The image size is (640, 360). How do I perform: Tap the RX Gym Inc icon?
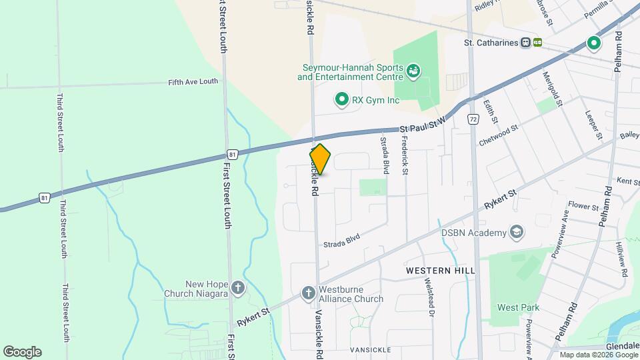click(341, 100)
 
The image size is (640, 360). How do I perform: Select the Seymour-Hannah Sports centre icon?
click(413, 69)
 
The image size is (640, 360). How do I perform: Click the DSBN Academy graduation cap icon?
click(515, 232)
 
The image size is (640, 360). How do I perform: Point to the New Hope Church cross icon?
click(238, 289)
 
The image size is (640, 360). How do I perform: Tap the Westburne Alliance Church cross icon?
click(308, 293)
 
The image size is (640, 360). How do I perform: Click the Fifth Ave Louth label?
click(193, 81)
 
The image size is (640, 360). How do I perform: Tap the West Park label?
click(518, 307)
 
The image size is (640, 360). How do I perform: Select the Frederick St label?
click(404, 156)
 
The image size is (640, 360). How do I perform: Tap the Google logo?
click(22, 352)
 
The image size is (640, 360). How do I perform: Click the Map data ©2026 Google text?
click(598, 355)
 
